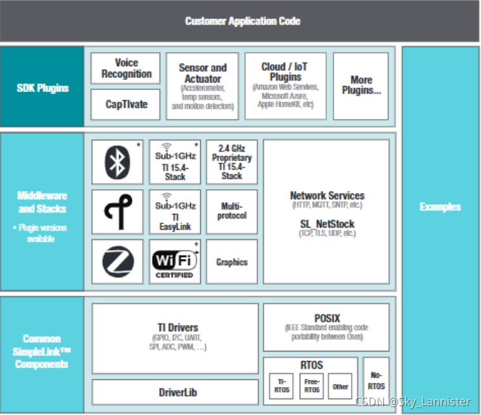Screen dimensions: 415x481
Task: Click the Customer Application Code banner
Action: [242, 21]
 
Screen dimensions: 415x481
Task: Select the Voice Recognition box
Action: [126, 69]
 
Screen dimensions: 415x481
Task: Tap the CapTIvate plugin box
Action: [126, 104]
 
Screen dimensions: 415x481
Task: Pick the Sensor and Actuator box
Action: [202, 86]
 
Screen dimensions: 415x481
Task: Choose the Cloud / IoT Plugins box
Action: [285, 86]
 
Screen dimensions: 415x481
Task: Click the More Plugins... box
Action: [361, 86]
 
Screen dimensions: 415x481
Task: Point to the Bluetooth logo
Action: [117, 162]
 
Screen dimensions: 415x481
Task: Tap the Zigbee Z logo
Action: [117, 261]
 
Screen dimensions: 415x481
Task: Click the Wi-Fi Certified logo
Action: [175, 261]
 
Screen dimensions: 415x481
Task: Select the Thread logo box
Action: [117, 211]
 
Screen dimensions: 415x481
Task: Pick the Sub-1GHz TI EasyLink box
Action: [175, 211]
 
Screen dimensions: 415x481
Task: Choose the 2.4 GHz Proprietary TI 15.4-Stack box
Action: [232, 162]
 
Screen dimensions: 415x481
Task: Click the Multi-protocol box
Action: [232, 211]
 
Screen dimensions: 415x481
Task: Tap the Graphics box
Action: [232, 261]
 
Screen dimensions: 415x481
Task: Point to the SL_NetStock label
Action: [327, 224]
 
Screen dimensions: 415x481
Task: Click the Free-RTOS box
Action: [312, 386]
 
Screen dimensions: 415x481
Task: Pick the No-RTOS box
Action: [376, 381]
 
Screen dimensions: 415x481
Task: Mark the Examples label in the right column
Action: [440, 207]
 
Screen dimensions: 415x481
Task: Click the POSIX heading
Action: [327, 318]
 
